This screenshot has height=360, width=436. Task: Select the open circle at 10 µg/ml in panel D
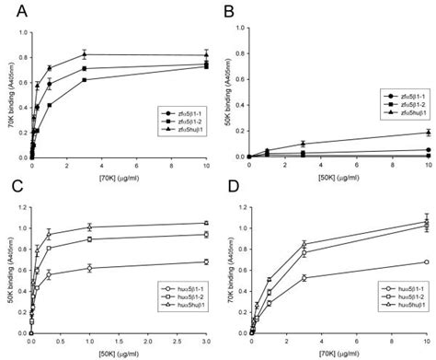[x=426, y=261]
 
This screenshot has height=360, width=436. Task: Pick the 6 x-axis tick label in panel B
[x=356, y=164]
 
